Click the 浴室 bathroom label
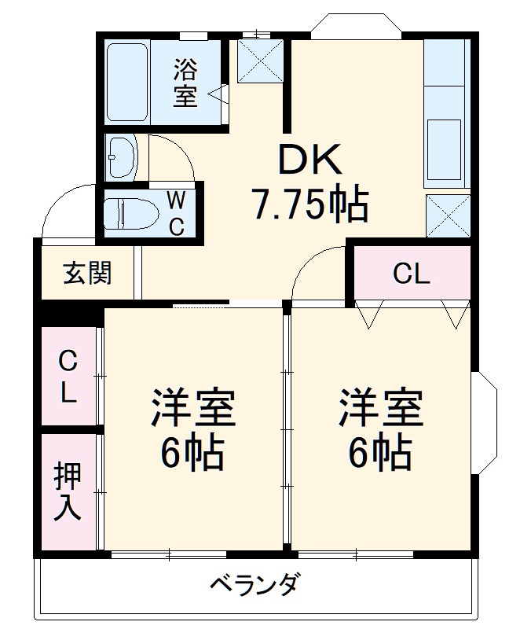click(185, 83)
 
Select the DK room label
click(308, 161)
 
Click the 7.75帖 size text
click(309, 204)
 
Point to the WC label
click(177, 212)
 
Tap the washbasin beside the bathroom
click(122, 157)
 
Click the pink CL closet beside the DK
click(412, 274)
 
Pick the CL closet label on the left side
click(69, 377)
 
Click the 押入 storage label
click(68, 491)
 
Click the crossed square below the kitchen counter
click(447, 215)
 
